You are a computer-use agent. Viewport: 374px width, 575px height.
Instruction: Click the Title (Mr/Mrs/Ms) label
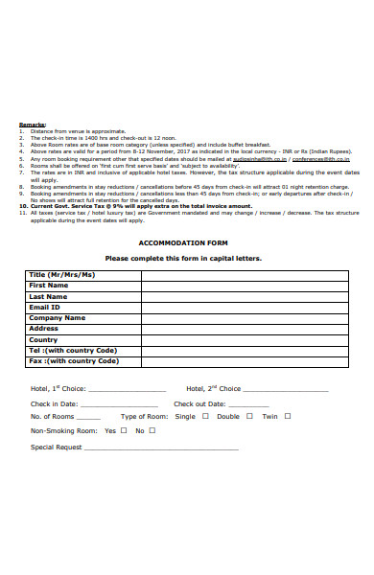[x=62, y=274]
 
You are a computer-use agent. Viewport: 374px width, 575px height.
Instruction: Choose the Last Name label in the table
[x=49, y=296]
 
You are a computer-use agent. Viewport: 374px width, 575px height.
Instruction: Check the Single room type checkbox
[x=204, y=417]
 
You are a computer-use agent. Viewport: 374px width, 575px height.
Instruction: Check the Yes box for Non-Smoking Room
[x=125, y=431]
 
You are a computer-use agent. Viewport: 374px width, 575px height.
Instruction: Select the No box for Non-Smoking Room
[x=152, y=431]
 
